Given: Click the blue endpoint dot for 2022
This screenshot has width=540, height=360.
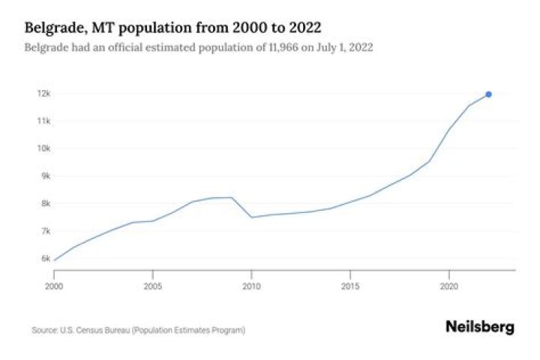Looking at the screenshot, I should click(488, 94).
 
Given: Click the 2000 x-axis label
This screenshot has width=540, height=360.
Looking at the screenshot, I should click(54, 286).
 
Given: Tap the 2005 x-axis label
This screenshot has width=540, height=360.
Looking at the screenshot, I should click(152, 286).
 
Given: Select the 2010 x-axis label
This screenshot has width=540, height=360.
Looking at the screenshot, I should click(251, 286).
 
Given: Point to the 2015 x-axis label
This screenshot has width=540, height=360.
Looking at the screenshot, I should click(350, 286).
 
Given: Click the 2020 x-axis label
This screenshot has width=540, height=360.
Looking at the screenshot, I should click(448, 286).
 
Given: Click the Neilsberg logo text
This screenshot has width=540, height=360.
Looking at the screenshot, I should click(480, 327).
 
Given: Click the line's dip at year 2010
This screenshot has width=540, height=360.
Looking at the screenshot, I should click(251, 217).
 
